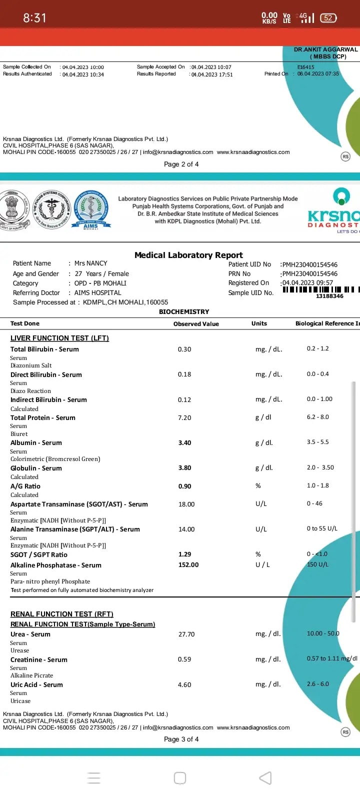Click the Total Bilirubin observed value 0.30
point(184,349)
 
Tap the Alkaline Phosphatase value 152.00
point(188,565)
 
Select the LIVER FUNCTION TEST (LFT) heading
point(59,338)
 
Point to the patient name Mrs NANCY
point(90,263)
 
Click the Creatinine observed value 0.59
point(184,659)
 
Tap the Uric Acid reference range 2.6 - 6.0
point(318,684)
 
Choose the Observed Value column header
point(196,324)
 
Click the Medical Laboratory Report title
point(188,255)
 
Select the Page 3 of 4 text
point(181,739)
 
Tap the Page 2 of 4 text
point(181,164)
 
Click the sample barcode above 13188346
point(320,289)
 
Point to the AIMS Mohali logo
point(90,209)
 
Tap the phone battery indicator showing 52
point(328,18)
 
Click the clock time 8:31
point(34,18)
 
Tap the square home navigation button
point(180,778)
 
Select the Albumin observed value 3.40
point(184,443)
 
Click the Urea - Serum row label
point(30,634)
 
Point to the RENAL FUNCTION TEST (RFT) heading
point(62,614)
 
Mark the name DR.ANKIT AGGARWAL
point(325,50)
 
